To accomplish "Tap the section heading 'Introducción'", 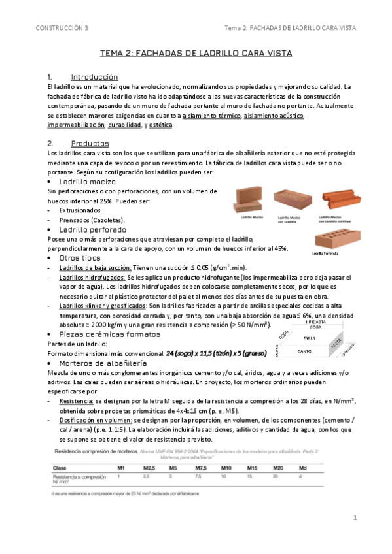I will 94,76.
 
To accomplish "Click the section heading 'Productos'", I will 90,143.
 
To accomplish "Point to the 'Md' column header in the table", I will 302,468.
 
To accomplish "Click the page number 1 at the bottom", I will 353,517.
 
